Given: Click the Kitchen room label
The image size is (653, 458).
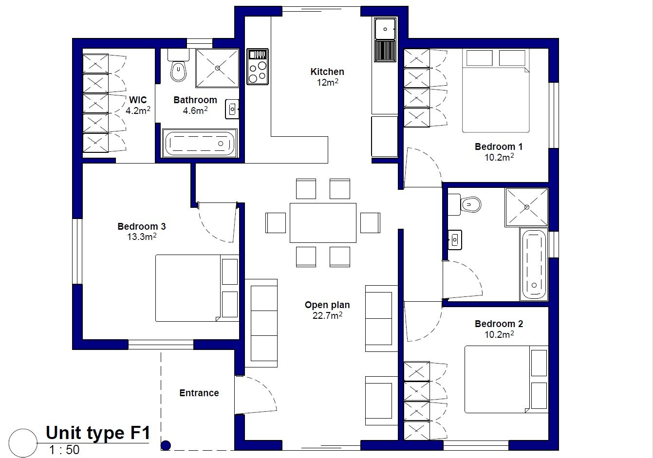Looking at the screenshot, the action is click(x=327, y=72).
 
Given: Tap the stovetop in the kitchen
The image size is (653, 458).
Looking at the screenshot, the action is click(x=258, y=67).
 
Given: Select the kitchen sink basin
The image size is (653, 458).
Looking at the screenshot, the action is click(x=385, y=29).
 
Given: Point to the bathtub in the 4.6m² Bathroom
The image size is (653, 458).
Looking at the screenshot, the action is click(x=200, y=144).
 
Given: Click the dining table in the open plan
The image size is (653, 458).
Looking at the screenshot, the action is click(x=323, y=223).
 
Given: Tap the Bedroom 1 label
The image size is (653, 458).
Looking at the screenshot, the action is click(x=499, y=147).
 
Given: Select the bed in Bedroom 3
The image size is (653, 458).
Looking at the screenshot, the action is click(x=197, y=288).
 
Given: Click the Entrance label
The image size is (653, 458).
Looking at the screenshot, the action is click(x=199, y=393).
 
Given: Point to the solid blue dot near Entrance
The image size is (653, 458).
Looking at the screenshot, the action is click(x=166, y=445).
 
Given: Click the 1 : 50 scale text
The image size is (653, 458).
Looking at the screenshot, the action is click(x=64, y=450).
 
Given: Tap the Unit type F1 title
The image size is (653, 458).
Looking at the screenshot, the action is click(x=98, y=433).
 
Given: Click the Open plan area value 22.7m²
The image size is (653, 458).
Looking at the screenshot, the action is click(x=327, y=315).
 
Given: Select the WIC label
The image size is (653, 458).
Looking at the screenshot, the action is click(x=138, y=100).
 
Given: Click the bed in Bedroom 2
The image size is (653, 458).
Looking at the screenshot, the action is click(x=506, y=379).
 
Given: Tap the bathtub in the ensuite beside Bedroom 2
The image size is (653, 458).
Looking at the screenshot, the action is click(x=534, y=265).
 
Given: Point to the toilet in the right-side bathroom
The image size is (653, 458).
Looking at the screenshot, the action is click(x=465, y=204).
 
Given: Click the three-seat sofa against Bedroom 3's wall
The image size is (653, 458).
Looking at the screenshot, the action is click(x=261, y=323).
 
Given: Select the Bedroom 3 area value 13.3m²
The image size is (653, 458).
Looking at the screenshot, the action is click(x=142, y=237).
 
